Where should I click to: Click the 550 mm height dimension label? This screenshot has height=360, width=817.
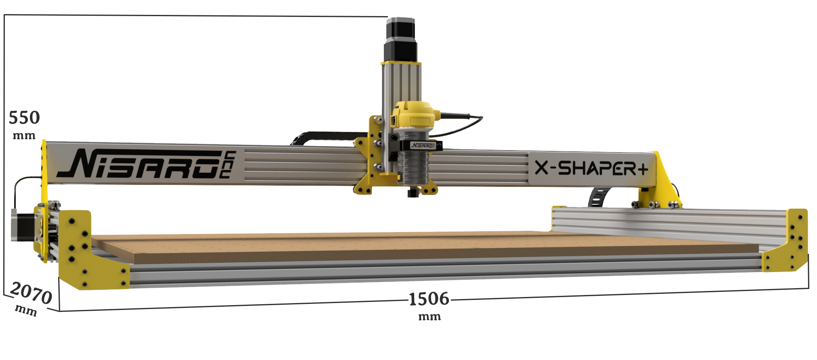point(24,123)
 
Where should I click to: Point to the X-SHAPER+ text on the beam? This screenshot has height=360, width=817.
point(591,168)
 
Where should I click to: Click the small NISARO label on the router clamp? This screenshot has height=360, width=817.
point(421,145)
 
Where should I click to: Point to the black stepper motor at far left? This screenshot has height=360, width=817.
point(25,225)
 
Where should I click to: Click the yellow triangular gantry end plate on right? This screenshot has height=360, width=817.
point(662,178)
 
